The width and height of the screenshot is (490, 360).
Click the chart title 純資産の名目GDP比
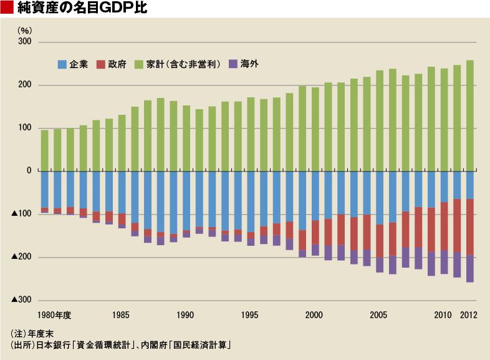coord(82,7)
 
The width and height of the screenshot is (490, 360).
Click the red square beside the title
coord(7,7)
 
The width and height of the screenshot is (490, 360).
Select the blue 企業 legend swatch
coord(62,64)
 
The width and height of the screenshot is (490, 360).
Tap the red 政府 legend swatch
coord(100,64)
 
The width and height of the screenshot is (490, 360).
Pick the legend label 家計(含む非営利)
coord(183,64)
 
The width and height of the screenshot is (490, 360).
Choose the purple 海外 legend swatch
coord(233,64)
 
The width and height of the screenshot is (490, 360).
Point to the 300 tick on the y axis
coord(25,42)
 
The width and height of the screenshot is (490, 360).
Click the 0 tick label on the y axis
coord(29,170)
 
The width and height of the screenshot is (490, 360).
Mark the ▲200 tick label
coord(22,257)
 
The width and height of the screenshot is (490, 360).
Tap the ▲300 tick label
coord(22,299)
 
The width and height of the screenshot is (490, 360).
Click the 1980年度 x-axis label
coord(54,315)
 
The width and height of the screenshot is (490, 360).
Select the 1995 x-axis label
coord(250,315)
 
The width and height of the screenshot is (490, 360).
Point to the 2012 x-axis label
coord(468,315)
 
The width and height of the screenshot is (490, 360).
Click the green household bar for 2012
coord(469,115)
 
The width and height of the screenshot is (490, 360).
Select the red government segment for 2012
coord(469,227)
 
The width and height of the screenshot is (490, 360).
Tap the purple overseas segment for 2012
coord(469,269)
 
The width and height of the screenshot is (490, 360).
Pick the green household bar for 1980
coord(45,151)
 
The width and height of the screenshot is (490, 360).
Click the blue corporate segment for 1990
coord(186,201)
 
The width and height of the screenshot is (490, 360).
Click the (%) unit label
coord(25,31)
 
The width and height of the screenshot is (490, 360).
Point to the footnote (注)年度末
coord(32,334)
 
